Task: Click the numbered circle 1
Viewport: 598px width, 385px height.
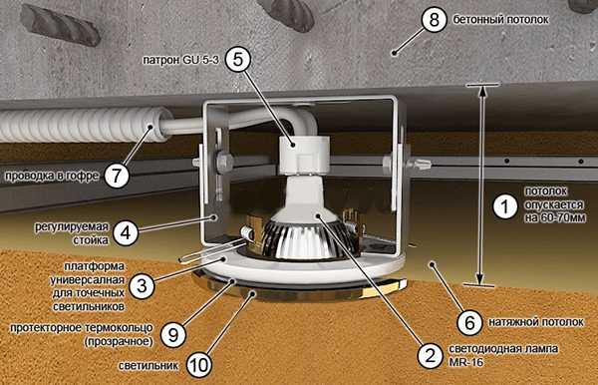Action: (x=505, y=206)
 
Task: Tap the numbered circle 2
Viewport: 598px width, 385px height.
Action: (x=430, y=356)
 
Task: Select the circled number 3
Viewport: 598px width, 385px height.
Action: (x=142, y=286)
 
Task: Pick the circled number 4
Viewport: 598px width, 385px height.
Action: (x=126, y=232)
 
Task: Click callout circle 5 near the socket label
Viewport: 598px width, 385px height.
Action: (x=237, y=59)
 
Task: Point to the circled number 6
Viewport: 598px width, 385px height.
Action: (x=469, y=323)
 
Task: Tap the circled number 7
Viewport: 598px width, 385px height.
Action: (x=117, y=176)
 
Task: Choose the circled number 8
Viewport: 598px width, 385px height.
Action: (x=434, y=20)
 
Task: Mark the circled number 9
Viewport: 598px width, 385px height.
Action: (x=173, y=335)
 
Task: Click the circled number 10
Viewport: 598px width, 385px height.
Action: (x=199, y=365)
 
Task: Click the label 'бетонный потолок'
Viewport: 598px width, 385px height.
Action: (x=500, y=20)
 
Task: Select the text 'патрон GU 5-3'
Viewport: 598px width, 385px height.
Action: (x=181, y=60)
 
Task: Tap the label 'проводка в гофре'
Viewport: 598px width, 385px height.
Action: (x=52, y=176)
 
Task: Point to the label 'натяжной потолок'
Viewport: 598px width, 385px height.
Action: (x=536, y=322)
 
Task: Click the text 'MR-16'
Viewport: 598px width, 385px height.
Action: (x=466, y=362)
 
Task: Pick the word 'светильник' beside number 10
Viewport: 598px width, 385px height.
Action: (x=148, y=366)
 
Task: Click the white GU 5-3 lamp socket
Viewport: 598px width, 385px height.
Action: (x=303, y=155)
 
